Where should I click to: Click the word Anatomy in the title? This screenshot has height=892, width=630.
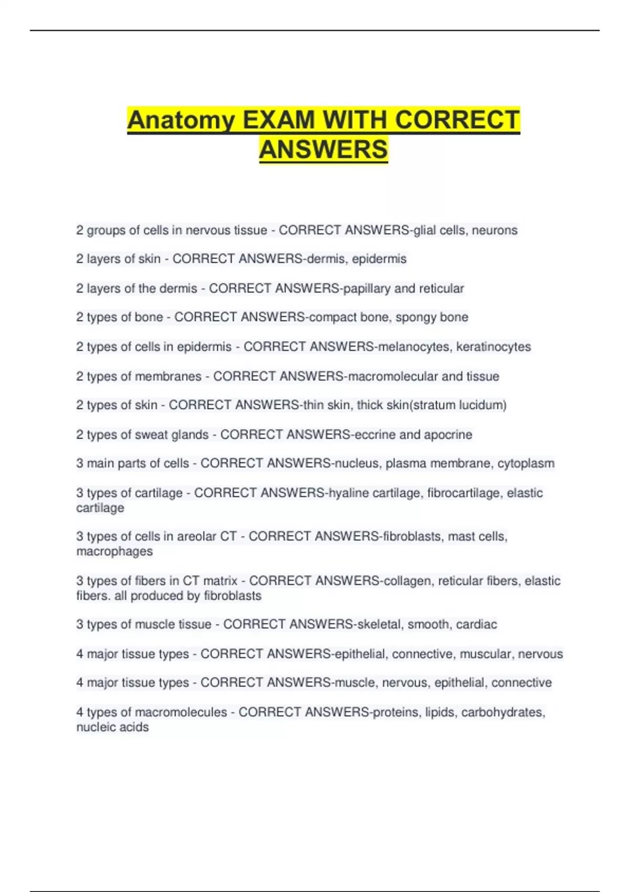coord(181,121)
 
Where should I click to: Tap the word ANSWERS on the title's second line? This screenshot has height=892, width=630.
coord(323,150)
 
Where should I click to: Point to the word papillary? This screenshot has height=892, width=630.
coord(367,289)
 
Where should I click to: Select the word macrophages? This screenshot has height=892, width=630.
coord(114,551)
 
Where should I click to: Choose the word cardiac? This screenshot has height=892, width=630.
coord(476,624)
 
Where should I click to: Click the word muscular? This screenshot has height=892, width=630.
coord(485,654)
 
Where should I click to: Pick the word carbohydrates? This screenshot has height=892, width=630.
coord(503,712)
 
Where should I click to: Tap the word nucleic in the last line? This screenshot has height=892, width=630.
coord(94,727)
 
